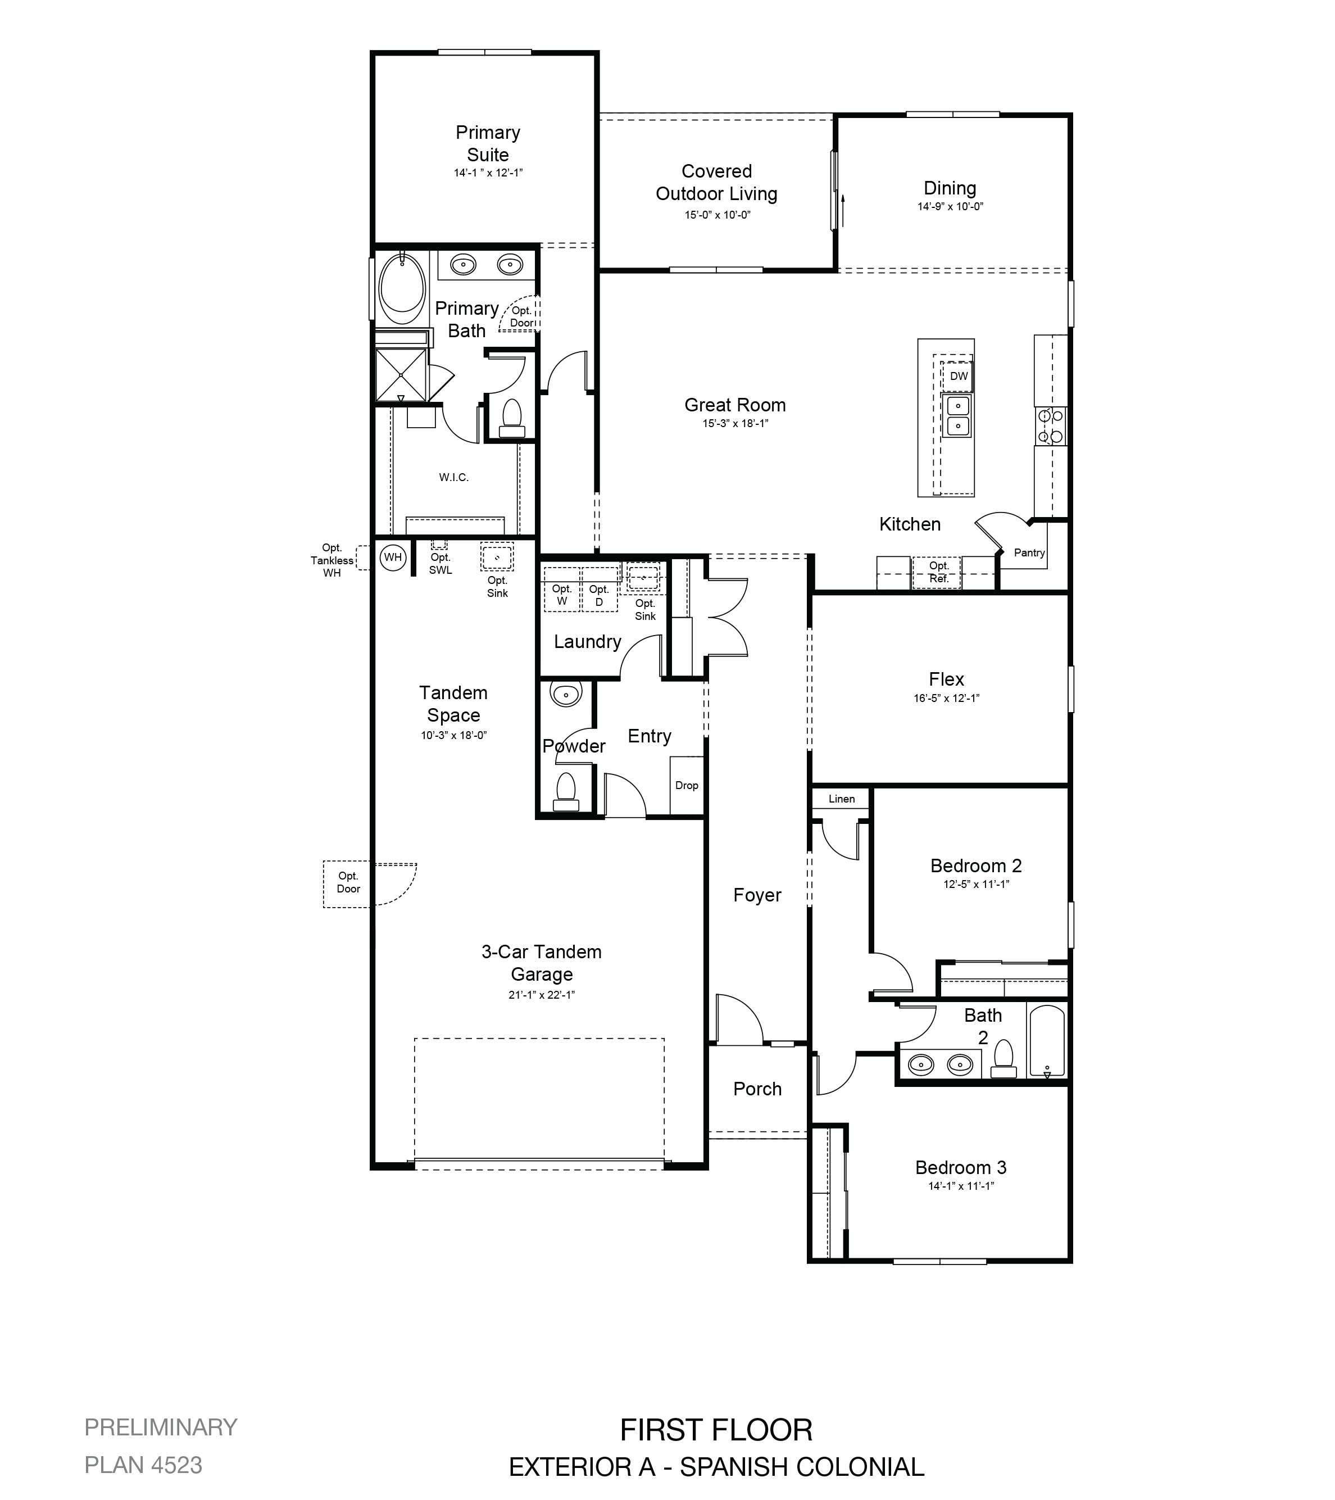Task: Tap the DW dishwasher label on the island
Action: point(959,377)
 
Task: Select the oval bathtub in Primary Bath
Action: point(402,288)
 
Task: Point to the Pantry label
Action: point(1029,552)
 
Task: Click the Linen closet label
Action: point(841,799)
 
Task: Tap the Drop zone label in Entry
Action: point(687,785)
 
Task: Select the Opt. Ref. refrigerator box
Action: point(937,573)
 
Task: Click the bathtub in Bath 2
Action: point(1047,1041)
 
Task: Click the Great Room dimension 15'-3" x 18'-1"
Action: point(735,423)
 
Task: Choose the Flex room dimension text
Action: point(946,698)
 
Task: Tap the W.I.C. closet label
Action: point(453,477)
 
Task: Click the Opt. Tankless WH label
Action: point(332,561)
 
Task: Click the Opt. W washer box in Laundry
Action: point(562,590)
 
